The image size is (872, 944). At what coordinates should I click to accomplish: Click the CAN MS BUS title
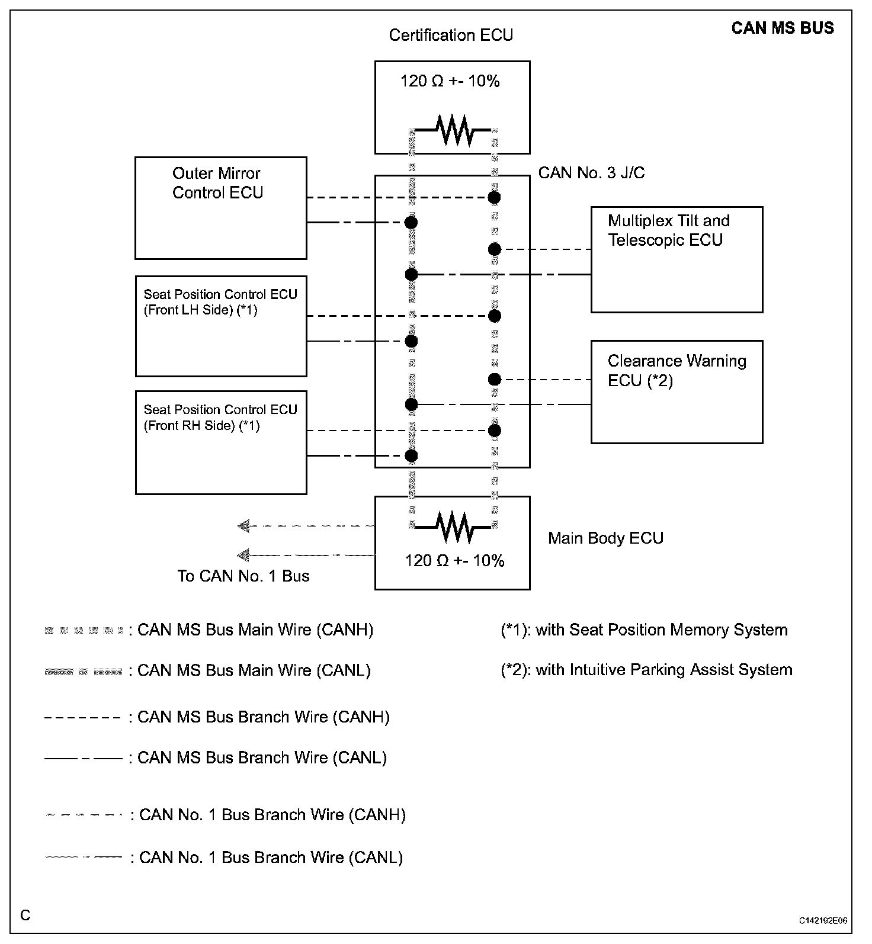(782, 28)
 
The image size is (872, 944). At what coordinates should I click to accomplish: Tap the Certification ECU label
(451, 35)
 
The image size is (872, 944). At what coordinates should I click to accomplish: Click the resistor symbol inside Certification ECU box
(453, 130)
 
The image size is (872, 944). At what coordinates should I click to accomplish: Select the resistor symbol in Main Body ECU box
(453, 526)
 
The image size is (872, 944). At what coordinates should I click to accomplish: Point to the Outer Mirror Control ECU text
(217, 183)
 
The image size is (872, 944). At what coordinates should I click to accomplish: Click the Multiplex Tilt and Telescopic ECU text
(668, 230)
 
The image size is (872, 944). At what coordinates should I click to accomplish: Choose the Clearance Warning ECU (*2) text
(677, 371)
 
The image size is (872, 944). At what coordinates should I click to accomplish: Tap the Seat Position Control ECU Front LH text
(220, 302)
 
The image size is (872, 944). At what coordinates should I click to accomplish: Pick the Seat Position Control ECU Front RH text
(220, 418)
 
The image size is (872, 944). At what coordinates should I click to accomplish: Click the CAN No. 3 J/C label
(591, 173)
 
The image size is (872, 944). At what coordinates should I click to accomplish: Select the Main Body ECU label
(605, 538)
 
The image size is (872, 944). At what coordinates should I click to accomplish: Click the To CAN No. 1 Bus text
(243, 576)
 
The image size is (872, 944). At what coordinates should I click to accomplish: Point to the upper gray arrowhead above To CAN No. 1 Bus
(243, 525)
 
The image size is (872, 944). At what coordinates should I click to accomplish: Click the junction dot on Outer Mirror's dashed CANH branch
(494, 197)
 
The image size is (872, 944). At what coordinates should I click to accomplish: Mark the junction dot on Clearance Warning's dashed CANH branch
(495, 379)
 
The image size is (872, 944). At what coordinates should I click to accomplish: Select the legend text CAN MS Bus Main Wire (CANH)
(255, 630)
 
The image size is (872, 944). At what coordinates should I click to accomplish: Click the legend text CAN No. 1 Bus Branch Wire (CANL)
(271, 857)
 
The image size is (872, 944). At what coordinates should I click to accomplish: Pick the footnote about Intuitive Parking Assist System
(646, 670)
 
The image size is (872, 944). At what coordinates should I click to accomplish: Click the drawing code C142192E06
(823, 921)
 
